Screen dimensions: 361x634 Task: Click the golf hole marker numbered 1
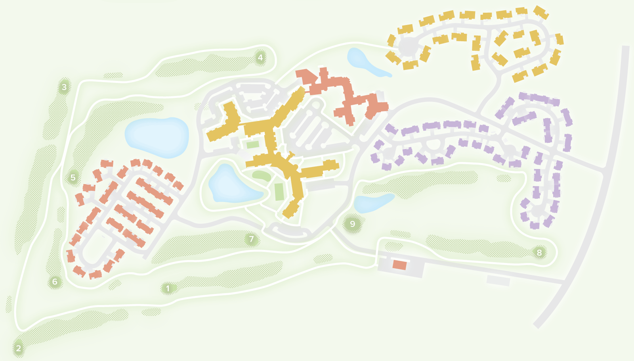[168, 288]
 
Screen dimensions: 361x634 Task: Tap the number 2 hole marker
[18, 348]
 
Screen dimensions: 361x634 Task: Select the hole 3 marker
[64, 87]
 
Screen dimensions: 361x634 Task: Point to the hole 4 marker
[260, 58]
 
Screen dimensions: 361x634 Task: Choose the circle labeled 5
[73, 177]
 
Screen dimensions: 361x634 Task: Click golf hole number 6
[55, 282]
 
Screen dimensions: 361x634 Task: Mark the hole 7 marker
[251, 239]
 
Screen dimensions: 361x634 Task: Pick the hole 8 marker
[539, 252]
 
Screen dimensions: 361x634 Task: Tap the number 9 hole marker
[352, 224]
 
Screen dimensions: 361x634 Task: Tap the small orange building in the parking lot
[399, 265]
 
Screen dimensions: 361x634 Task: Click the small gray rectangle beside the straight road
[498, 280]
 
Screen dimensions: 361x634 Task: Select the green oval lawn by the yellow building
[262, 176]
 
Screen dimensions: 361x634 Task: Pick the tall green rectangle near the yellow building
[279, 192]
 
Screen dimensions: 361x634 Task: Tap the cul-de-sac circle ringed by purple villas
[538, 210]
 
